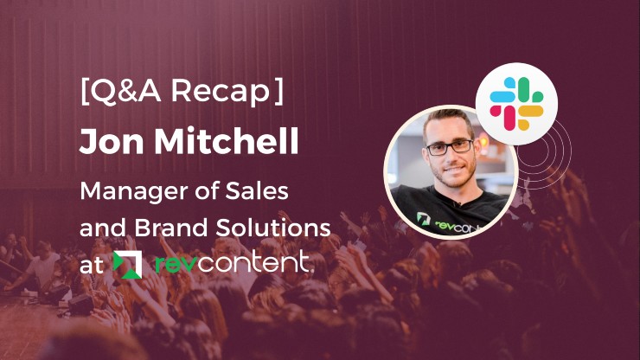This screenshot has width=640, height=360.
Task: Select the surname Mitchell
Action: (226, 140)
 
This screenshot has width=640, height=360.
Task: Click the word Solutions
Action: (273, 228)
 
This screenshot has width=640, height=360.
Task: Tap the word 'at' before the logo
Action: (92, 265)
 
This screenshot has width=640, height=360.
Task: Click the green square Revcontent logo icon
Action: (127, 265)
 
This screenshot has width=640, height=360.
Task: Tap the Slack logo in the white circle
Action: (516, 104)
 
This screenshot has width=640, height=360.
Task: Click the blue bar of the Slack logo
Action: (502, 96)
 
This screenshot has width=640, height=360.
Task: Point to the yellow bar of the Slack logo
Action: (530, 111)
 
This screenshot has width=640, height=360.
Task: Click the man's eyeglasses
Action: (450, 147)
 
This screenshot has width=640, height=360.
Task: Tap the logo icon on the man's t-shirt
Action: (423, 219)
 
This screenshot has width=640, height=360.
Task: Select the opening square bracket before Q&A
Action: (85, 92)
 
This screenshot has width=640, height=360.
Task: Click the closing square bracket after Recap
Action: (278, 92)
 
